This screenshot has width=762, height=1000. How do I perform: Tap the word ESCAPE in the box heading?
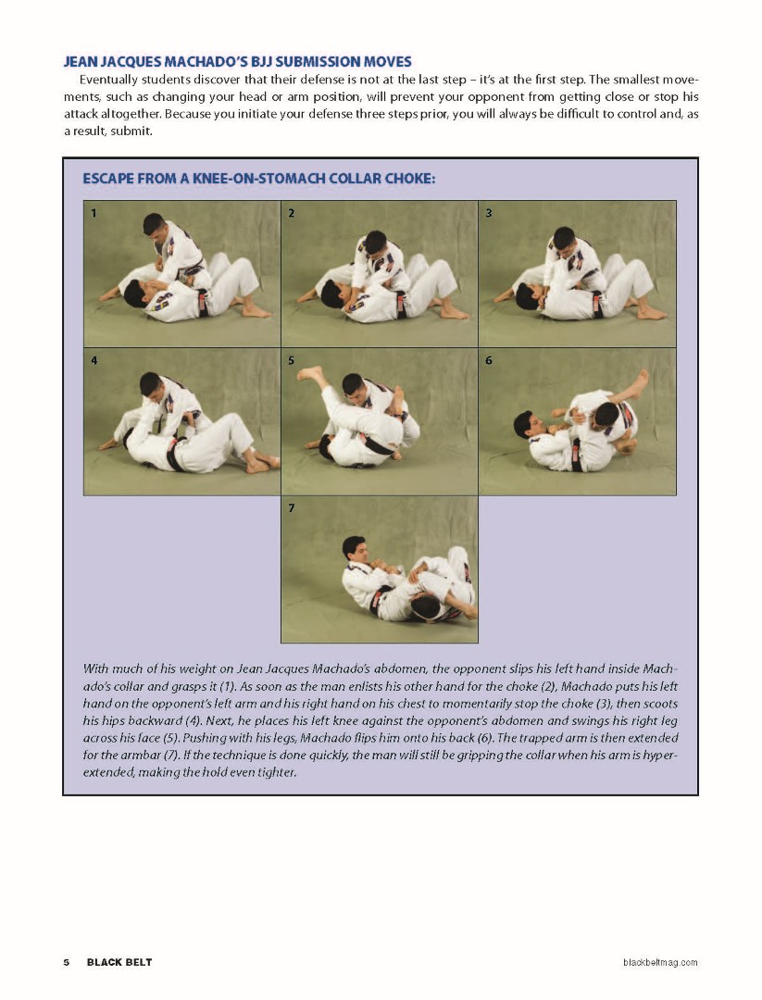click(107, 179)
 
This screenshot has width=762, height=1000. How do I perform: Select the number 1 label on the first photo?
click(94, 213)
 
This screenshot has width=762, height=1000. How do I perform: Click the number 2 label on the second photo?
click(292, 213)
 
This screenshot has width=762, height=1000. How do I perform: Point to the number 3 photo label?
click(489, 213)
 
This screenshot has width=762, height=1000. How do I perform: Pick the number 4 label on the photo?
click(94, 360)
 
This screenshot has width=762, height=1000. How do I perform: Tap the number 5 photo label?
click(292, 360)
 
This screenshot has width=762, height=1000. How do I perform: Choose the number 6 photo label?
click(489, 360)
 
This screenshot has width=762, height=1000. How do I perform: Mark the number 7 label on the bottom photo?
click(292, 507)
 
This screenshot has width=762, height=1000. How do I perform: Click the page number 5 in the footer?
click(67, 962)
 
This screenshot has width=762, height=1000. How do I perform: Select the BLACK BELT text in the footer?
click(119, 962)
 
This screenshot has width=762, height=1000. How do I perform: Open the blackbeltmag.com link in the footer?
click(659, 963)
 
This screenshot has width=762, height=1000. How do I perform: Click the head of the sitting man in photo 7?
click(353, 548)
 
